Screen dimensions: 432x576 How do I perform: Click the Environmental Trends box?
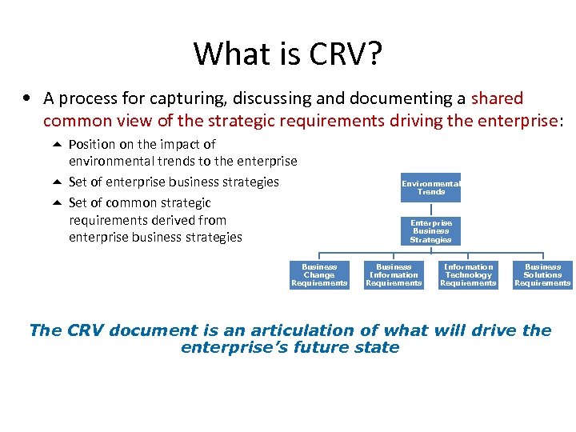click(x=431, y=188)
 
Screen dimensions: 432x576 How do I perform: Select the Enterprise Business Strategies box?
click(x=431, y=231)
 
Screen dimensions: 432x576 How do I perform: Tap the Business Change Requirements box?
click(x=319, y=274)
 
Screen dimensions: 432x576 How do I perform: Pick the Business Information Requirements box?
click(x=394, y=274)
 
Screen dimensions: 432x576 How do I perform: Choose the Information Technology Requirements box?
click(x=468, y=274)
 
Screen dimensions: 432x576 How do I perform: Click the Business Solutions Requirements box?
click(x=542, y=274)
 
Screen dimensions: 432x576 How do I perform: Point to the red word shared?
click(x=497, y=98)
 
